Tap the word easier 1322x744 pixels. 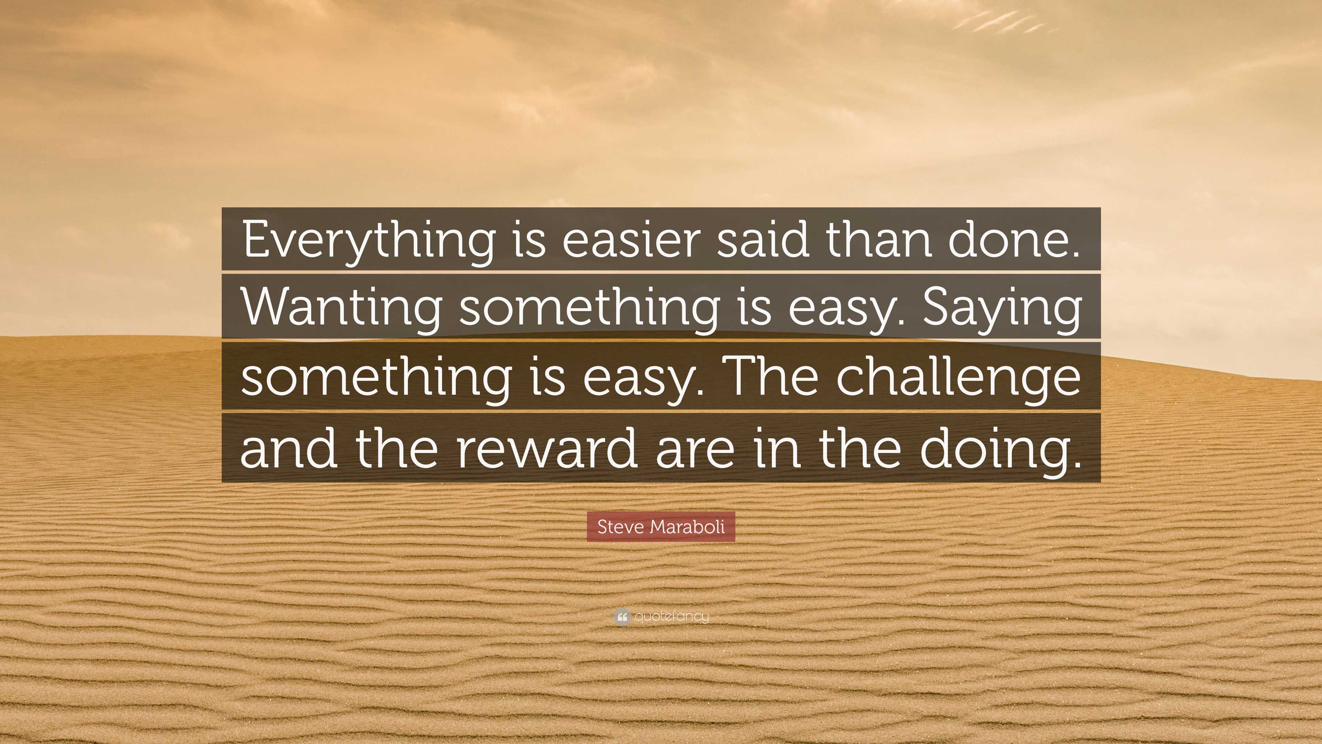coord(631,240)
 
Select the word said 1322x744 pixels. coord(763,240)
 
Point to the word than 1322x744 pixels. coord(879,240)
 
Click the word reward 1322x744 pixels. coord(547,448)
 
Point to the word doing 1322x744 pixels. coord(1001,448)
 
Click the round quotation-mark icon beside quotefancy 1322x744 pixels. coord(621,617)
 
